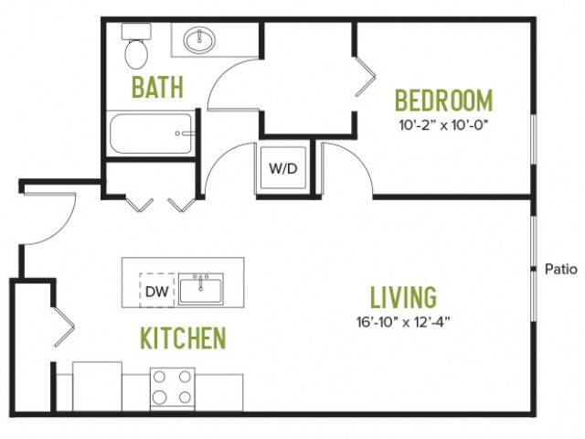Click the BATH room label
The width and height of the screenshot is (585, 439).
[157, 88]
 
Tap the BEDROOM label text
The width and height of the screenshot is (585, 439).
[443, 100]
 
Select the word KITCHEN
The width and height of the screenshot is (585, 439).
[183, 337]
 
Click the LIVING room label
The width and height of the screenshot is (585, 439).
[403, 297]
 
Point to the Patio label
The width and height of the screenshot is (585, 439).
[561, 269]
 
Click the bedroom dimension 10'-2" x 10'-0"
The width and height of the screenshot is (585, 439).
[443, 125]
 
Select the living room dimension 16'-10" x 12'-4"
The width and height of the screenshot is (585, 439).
[403, 322]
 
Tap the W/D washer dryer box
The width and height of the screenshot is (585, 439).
[283, 168]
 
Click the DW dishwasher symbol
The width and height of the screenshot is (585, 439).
[156, 291]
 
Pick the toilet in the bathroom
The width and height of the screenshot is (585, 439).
[136, 46]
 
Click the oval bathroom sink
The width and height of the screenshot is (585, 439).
[199, 39]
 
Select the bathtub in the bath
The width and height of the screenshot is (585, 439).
[151, 134]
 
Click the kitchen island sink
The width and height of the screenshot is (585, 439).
[201, 289]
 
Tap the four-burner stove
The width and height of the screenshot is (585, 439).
[173, 390]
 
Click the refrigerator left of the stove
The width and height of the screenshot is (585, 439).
[97, 387]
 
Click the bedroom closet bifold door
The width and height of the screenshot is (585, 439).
[366, 77]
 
